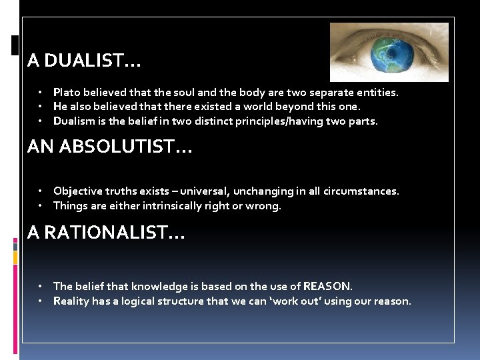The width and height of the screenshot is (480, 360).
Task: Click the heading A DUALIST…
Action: [84, 61]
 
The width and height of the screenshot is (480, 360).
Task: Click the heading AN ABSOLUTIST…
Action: [109, 147]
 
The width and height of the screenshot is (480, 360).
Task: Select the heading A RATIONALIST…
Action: [106, 233]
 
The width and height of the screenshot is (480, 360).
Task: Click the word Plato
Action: [67, 93]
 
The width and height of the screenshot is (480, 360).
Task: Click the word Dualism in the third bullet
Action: [74, 121]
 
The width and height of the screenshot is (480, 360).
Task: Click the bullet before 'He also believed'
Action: [41, 107]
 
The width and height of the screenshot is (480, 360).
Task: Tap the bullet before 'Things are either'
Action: [41, 205]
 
